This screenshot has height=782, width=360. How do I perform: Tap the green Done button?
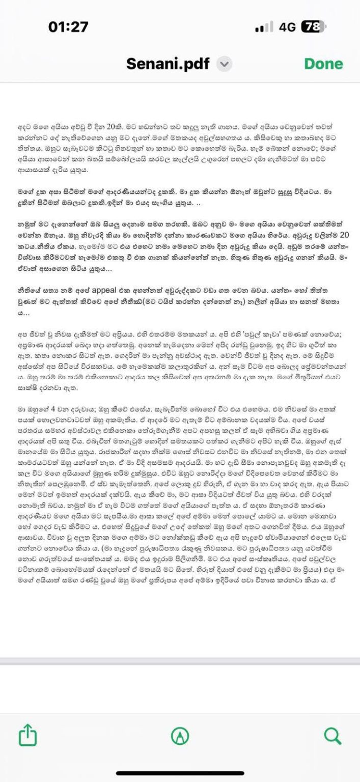tap(323, 64)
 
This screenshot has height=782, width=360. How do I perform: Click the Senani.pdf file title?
tap(168, 64)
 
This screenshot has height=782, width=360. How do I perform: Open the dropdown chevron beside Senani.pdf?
tap(224, 65)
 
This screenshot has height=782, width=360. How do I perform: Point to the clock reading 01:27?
tap(68, 27)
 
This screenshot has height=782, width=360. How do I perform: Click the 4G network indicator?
tap(287, 27)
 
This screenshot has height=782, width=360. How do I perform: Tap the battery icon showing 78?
tap(313, 27)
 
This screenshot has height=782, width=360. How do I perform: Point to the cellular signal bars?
tap(264, 27)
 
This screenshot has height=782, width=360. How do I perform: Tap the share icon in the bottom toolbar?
tap(28, 735)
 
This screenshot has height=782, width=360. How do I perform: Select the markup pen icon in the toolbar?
tap(180, 735)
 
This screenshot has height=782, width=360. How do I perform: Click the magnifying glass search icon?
tap(332, 735)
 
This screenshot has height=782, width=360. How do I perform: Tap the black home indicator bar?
tap(180, 773)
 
